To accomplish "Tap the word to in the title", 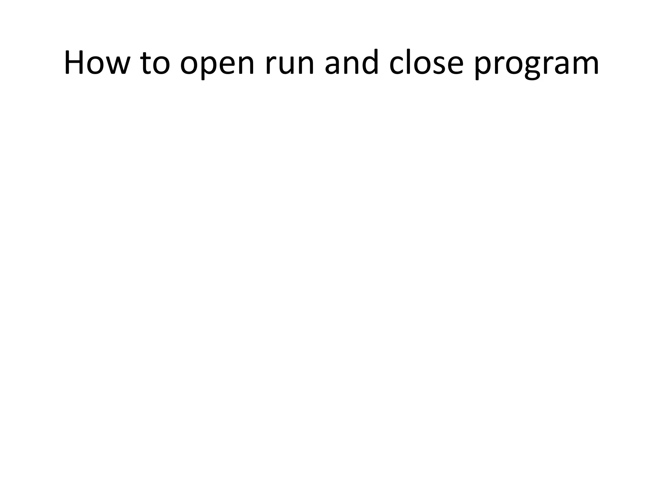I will click(155, 62).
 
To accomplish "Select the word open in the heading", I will click(217, 65).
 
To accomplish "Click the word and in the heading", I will click(352, 62).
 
